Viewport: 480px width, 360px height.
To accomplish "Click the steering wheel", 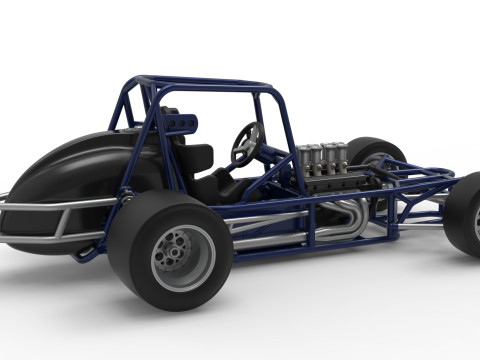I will [246, 143].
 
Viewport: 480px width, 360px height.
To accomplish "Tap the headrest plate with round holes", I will [180, 123].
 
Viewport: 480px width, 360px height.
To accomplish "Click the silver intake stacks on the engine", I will [322, 159].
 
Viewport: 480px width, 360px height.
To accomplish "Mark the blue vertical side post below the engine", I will [311, 224].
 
